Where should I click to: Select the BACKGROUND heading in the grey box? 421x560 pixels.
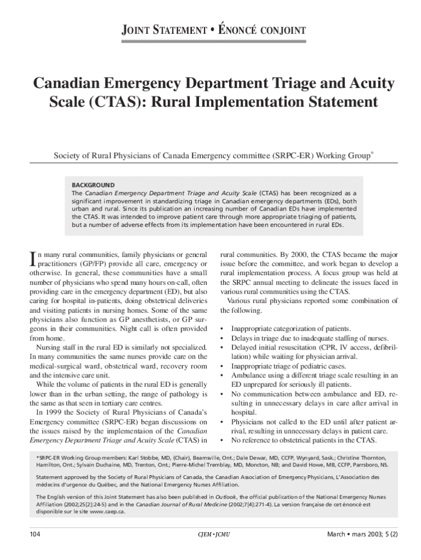[x=93, y=185]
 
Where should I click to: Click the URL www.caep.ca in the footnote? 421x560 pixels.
[x=108, y=511]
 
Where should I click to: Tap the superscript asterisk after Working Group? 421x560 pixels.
[x=372, y=153]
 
